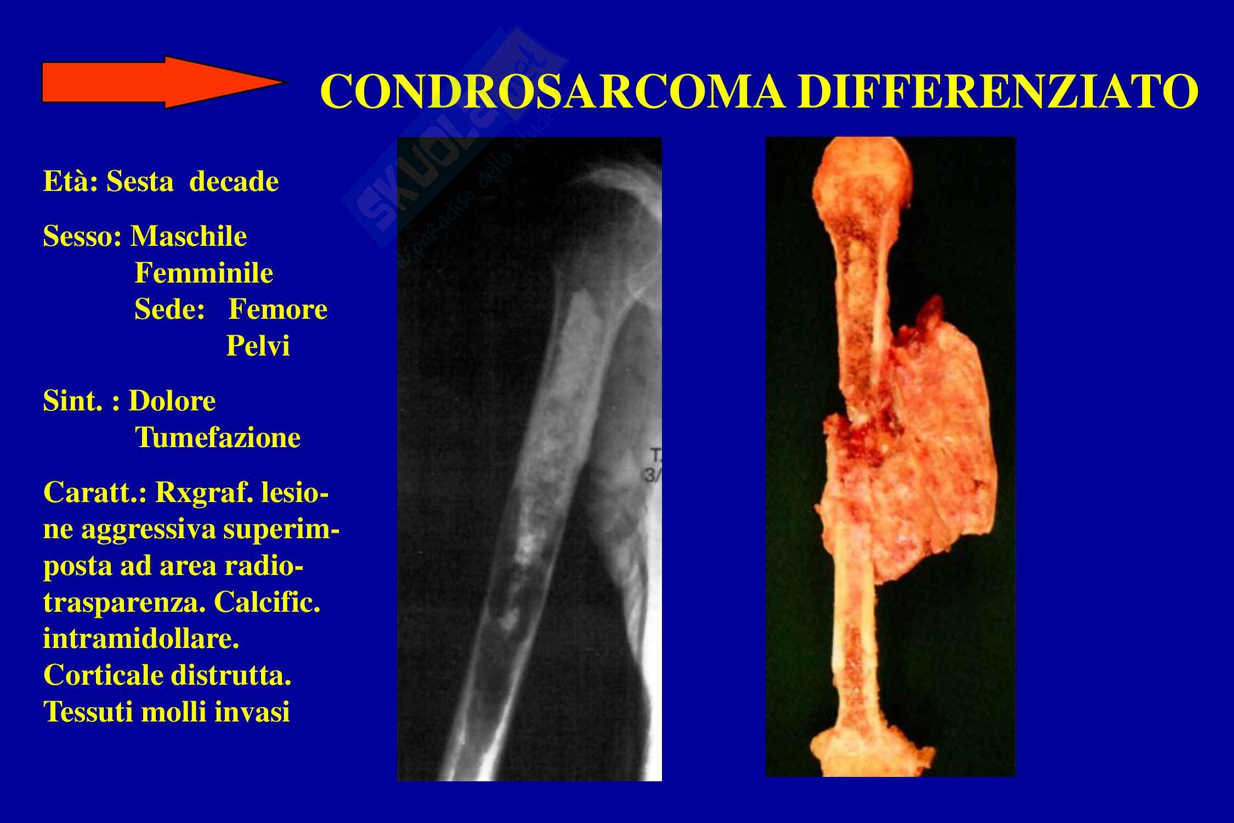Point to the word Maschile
(189, 236)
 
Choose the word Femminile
(204, 273)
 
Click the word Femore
(278, 309)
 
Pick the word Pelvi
(258, 346)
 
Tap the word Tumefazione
(218, 438)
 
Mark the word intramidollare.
(141, 639)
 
